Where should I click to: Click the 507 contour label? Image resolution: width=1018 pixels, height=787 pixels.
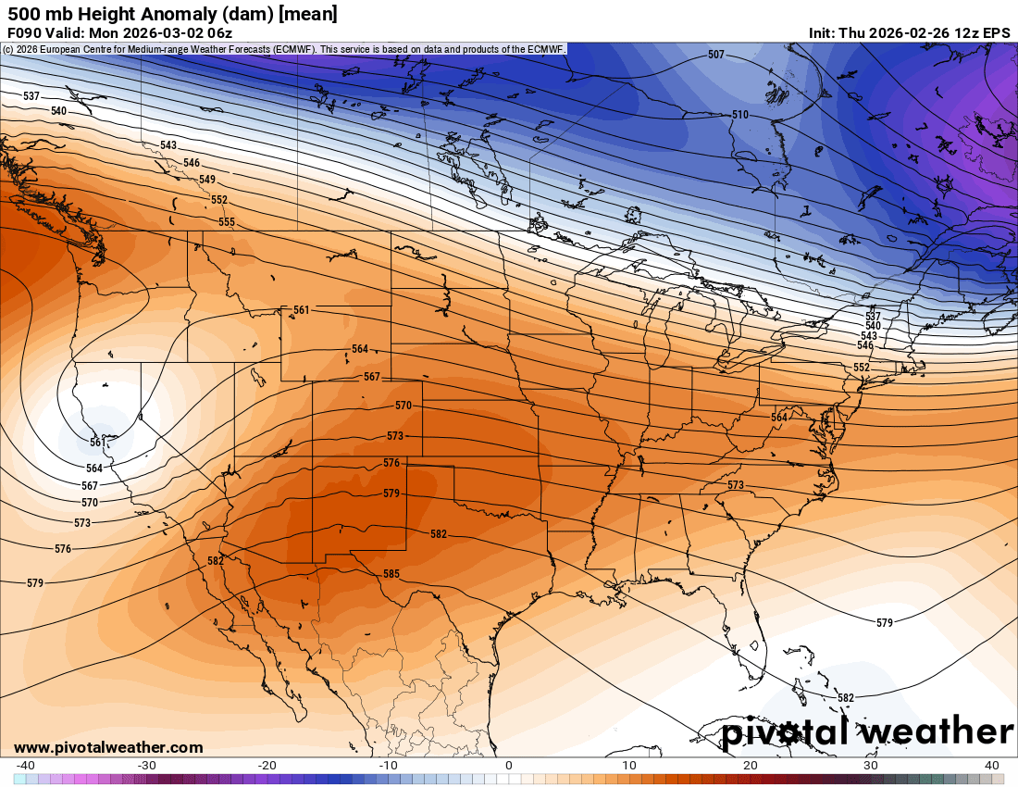715,55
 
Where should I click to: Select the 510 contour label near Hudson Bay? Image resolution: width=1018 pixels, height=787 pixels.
739,115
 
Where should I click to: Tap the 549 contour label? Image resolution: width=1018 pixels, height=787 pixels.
206,180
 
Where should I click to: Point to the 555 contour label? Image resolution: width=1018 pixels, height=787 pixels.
226,222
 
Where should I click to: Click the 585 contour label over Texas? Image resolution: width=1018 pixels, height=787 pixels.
391,574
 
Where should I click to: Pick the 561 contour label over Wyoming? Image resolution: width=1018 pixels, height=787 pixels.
301,310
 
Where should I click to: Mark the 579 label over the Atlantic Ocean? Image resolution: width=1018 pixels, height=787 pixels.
884,623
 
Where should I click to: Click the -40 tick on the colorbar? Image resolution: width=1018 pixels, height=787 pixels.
26,765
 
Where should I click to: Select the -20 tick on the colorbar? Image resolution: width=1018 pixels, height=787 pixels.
267,765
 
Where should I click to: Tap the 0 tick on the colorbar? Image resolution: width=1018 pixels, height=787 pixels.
508,765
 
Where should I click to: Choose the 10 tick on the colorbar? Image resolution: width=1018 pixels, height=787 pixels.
629,765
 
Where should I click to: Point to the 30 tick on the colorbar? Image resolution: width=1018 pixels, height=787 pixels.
871,765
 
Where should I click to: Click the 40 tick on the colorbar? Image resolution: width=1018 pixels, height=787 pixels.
992,765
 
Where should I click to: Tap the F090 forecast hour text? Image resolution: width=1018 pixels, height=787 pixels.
25,32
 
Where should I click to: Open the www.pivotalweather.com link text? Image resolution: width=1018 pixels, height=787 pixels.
108,747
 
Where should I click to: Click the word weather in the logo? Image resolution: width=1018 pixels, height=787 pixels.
934,731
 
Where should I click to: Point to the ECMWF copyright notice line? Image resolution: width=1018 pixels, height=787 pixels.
283,49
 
